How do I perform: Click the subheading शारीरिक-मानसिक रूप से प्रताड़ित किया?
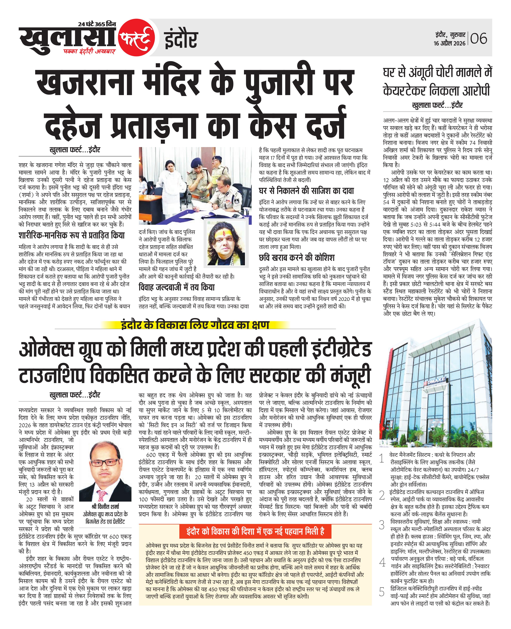[71, 235]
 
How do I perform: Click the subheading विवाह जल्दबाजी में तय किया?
[177, 287]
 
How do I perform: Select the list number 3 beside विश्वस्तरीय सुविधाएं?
[382, 525]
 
